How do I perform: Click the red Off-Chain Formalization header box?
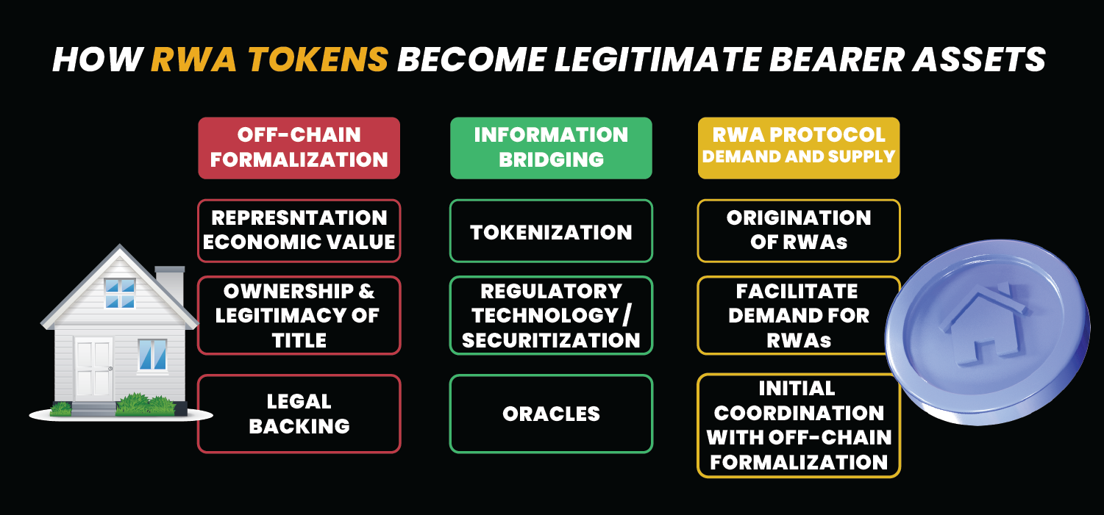point(299,148)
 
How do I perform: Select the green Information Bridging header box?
point(551,148)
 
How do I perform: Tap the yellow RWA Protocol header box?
point(799,148)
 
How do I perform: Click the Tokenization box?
point(551,231)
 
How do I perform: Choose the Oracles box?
point(551,414)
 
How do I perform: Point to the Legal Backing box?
point(299,414)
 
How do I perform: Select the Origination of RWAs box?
point(799,231)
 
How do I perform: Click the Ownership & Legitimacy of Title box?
point(299,315)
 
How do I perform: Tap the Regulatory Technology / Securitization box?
point(551,315)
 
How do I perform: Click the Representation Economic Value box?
point(299,231)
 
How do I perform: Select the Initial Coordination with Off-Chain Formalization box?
point(799,425)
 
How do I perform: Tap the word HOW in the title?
point(98,60)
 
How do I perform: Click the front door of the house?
point(93,368)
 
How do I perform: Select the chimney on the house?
point(170,288)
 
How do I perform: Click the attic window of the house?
point(120,293)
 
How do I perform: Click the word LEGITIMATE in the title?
point(658,60)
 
